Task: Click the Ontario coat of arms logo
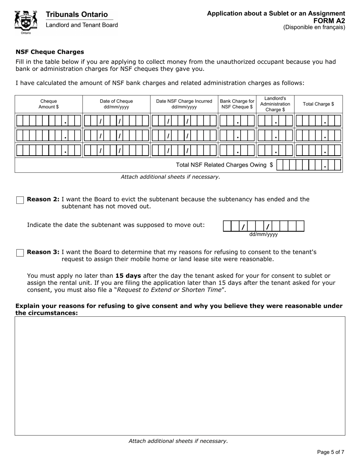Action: pos(26,22)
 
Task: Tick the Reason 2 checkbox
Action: pos(20,200)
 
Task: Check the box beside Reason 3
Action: pos(20,253)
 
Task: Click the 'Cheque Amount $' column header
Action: pos(49,104)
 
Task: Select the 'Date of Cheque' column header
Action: pos(116,104)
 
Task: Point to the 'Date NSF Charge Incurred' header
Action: pos(184,104)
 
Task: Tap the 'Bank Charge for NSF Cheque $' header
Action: pos(237,104)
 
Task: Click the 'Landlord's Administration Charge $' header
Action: pos(275,104)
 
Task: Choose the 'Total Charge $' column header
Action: pos(318,104)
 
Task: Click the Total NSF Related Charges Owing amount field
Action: pos(308,165)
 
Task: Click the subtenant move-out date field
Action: pos(264,226)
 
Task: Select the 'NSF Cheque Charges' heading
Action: pos(50,52)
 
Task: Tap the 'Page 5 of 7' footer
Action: pos(330,452)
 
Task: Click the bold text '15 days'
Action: pos(128,276)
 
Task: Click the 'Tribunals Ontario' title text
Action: pos(77,14)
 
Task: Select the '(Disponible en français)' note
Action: pos(314,27)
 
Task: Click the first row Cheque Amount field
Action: pos(49,121)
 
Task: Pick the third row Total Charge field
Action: pos(318,150)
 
